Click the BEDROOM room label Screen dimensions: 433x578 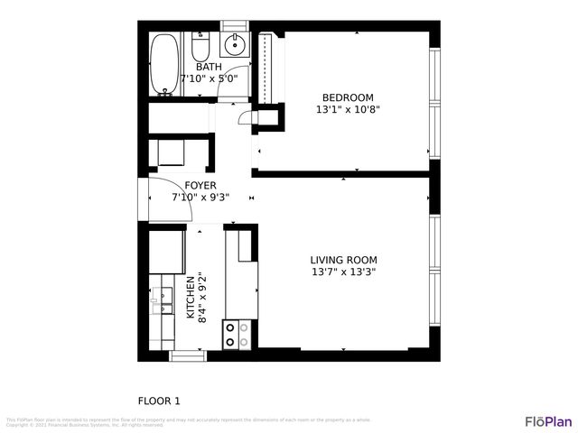click(348, 97)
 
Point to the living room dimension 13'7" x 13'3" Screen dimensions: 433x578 click(343, 272)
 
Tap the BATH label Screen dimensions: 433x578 click(209, 67)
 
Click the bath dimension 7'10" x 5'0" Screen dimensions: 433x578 click(209, 78)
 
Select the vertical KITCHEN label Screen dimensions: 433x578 click(190, 298)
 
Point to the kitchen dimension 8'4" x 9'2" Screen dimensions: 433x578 click(202, 298)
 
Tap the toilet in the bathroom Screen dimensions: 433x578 click(200, 44)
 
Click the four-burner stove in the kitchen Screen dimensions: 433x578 click(237, 335)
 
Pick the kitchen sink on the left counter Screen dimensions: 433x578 click(162, 300)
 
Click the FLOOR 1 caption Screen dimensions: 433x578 click(159, 401)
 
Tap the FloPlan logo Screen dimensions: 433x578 click(547, 421)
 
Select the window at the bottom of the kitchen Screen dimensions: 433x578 click(187, 356)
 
